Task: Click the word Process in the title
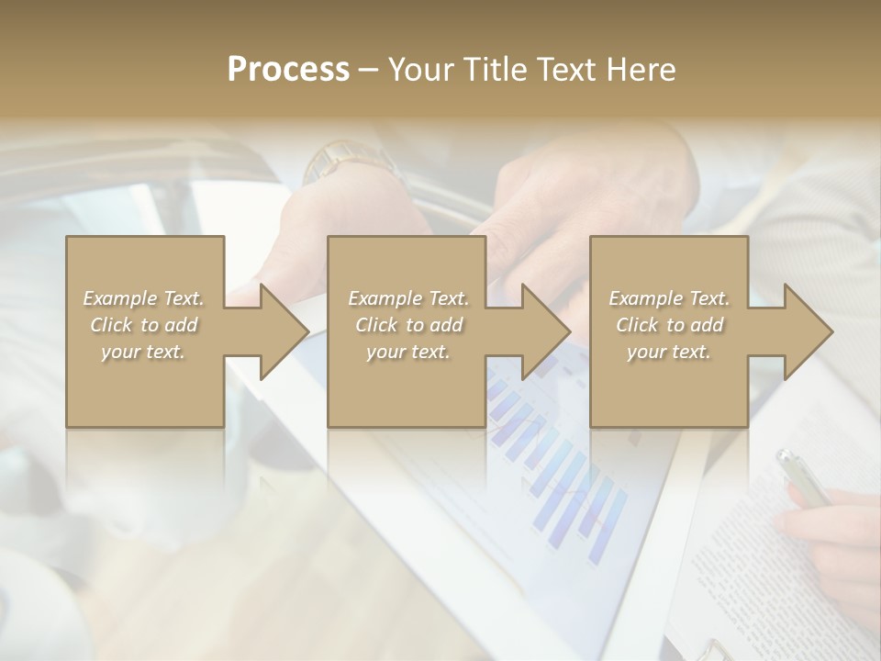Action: pyautogui.click(x=288, y=69)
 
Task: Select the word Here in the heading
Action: pyautogui.click(x=640, y=69)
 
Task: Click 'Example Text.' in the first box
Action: pyautogui.click(x=144, y=298)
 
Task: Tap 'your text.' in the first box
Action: pyautogui.click(x=144, y=352)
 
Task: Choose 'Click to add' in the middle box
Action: pyautogui.click(x=408, y=325)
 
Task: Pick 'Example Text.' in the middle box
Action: pyautogui.click(x=408, y=298)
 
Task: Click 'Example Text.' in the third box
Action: pyautogui.click(x=669, y=298)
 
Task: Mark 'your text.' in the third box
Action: pyautogui.click(x=669, y=352)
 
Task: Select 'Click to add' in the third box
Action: pyautogui.click(x=669, y=325)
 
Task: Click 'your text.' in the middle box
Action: pyautogui.click(x=408, y=352)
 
